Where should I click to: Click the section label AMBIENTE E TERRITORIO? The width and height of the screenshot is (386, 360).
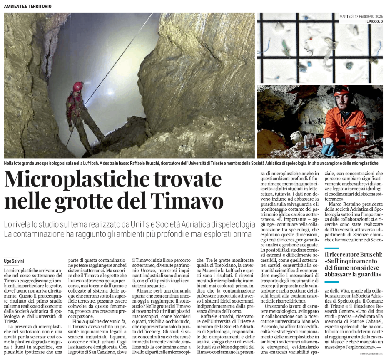pyautogui.click(x=28, y=7)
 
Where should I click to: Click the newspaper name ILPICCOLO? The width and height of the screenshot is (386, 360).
pyautogui.click(x=374, y=21)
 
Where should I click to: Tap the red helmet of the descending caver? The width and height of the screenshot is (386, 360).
pyautogui.click(x=78, y=86)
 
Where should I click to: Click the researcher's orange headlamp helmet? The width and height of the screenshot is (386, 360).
pyautogui.click(x=343, y=90)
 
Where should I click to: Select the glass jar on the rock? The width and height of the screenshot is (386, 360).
pyautogui.click(x=353, y=135)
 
